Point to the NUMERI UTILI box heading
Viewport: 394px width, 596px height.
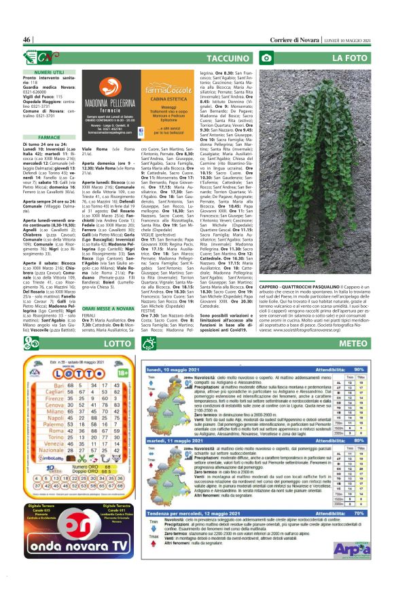pos(41,71)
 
